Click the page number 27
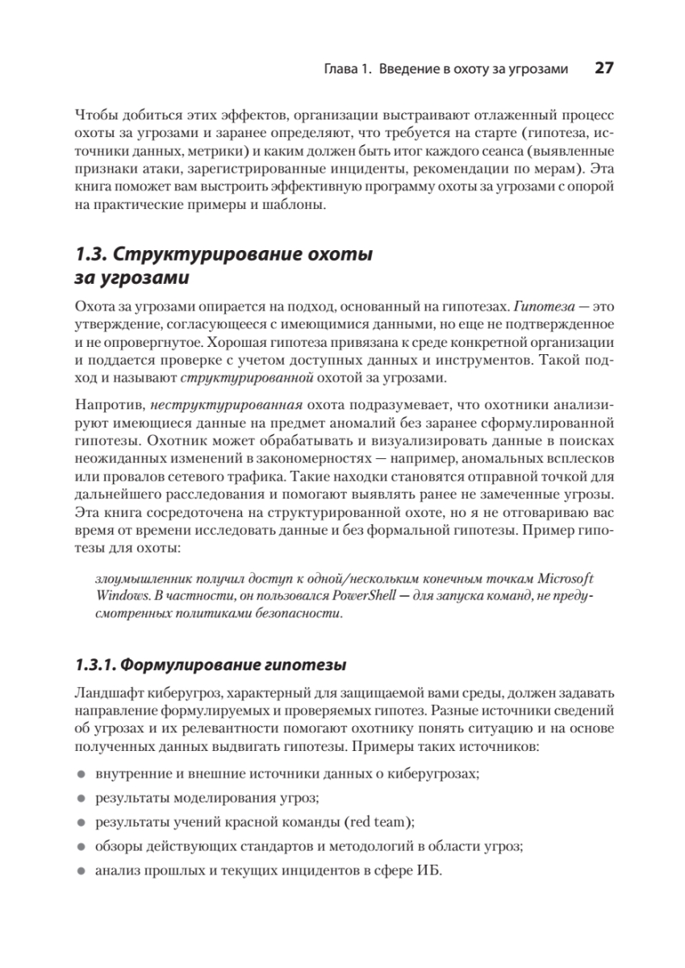604,69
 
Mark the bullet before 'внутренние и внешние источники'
81,774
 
